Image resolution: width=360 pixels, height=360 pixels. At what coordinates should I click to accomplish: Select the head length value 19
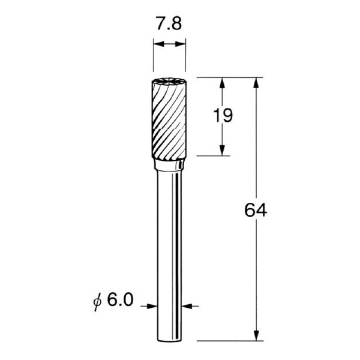[x=223, y=115]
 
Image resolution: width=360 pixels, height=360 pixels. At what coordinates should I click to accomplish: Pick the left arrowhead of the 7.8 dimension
[x=157, y=44]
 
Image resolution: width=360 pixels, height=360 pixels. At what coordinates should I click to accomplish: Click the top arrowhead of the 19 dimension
[x=222, y=82]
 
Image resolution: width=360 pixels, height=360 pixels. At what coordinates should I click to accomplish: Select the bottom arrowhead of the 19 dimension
[x=222, y=151]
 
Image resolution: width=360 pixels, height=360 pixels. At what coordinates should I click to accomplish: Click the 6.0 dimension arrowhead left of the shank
[x=152, y=306]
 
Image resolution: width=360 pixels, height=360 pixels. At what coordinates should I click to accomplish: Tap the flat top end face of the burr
[x=168, y=82]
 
